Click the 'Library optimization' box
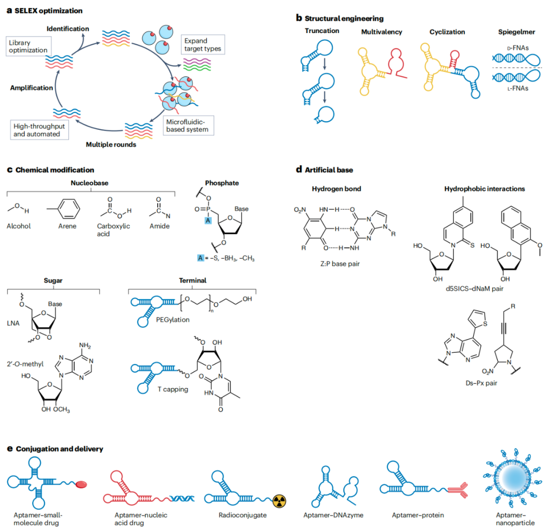(x=28, y=46)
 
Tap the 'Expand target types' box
(x=203, y=45)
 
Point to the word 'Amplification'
(x=32, y=88)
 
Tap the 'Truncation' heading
(x=322, y=31)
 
